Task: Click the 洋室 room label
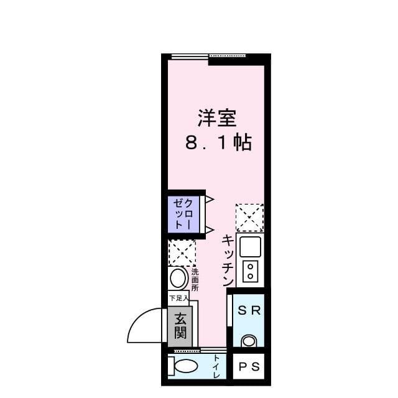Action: pyautogui.click(x=217, y=118)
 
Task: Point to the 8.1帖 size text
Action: pyautogui.click(x=217, y=143)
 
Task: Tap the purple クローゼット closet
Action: pyautogui.click(x=183, y=213)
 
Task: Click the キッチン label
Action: pyautogui.click(x=228, y=259)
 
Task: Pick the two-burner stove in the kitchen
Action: pyautogui.click(x=251, y=271)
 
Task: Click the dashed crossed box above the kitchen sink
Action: pyautogui.click(x=249, y=218)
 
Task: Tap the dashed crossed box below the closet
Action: pyautogui.click(x=182, y=253)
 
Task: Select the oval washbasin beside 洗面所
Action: pyautogui.click(x=178, y=278)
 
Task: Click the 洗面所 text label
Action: pyautogui.click(x=195, y=279)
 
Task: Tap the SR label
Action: pyautogui.click(x=249, y=310)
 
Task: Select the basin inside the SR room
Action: pyautogui.click(x=249, y=340)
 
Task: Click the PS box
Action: pyautogui.click(x=249, y=366)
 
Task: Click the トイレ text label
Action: pyautogui.click(x=215, y=367)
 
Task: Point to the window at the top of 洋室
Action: pyautogui.click(x=190, y=57)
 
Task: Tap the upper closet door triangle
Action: pyautogui.click(x=210, y=200)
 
